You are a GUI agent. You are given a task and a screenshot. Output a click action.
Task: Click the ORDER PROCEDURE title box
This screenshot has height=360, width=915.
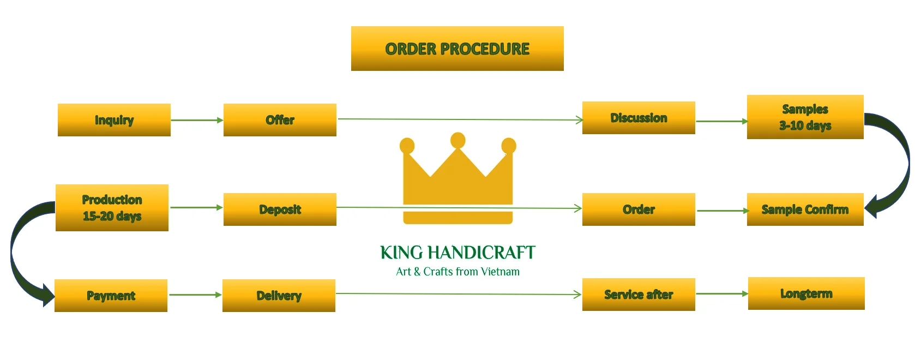point(457,49)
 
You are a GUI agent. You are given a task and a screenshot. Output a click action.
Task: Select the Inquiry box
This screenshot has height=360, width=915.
point(114,120)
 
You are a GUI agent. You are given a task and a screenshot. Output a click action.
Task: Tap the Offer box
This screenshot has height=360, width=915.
point(280,120)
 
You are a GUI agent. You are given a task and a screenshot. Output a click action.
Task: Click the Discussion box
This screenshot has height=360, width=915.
point(639,118)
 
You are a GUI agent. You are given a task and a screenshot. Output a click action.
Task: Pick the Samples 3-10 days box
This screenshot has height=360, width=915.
point(805,117)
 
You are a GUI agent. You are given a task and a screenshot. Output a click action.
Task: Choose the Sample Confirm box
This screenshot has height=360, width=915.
point(805,209)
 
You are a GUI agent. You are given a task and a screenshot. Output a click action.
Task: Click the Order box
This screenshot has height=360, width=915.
point(639,209)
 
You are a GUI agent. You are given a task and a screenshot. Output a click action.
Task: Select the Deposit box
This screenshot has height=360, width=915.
point(280,209)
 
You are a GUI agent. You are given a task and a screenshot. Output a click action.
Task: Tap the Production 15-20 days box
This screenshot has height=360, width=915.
point(112,208)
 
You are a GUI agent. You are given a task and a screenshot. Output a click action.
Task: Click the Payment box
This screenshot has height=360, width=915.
point(111,296)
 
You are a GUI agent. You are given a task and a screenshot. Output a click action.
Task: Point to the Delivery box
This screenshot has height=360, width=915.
point(279,296)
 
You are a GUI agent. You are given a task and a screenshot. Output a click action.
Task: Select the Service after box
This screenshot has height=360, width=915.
point(639,295)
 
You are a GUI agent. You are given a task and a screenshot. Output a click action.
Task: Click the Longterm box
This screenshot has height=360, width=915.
point(806,293)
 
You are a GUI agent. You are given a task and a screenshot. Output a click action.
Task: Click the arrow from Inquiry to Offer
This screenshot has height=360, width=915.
point(197,120)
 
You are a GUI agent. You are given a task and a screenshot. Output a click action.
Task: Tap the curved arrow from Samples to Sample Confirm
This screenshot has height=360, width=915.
point(901,164)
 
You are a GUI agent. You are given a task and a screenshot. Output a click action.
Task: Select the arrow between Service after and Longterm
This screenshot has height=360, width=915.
point(721,293)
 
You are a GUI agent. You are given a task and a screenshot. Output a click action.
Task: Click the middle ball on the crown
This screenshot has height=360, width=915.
point(458,140)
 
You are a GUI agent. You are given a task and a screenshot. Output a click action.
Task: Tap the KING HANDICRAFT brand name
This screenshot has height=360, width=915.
point(457,253)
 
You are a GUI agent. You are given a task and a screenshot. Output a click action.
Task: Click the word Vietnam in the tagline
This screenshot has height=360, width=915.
point(500,272)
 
